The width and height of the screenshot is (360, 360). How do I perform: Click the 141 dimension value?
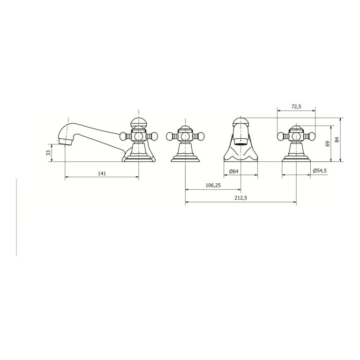tap(102, 173)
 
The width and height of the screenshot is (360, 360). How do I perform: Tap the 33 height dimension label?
tap(48, 153)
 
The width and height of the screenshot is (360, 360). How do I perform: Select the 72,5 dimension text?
tap(296, 106)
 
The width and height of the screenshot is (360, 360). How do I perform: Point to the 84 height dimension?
tap(337, 139)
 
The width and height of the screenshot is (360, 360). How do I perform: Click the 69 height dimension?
tap(328, 144)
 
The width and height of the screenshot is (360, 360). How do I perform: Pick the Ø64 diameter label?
tap(234, 171)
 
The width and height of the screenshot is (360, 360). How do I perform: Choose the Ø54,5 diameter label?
tap(320, 171)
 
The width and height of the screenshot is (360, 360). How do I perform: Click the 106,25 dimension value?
tap(213, 185)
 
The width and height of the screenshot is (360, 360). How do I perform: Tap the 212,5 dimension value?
tap(240, 198)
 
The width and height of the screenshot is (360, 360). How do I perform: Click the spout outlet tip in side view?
tap(65, 142)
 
